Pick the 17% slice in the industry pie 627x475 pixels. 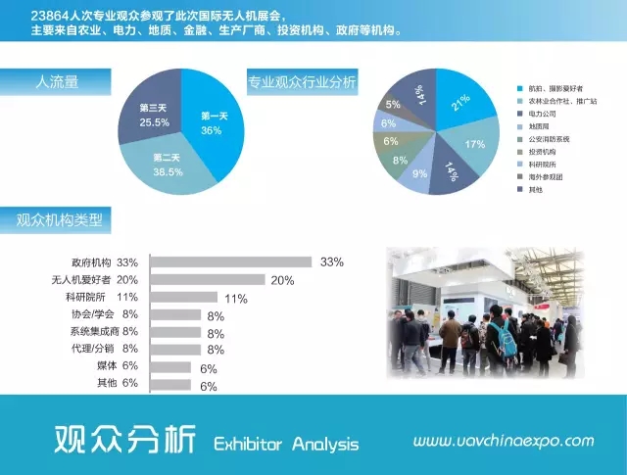[472, 144]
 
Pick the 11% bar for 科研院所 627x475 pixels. [186, 298]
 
